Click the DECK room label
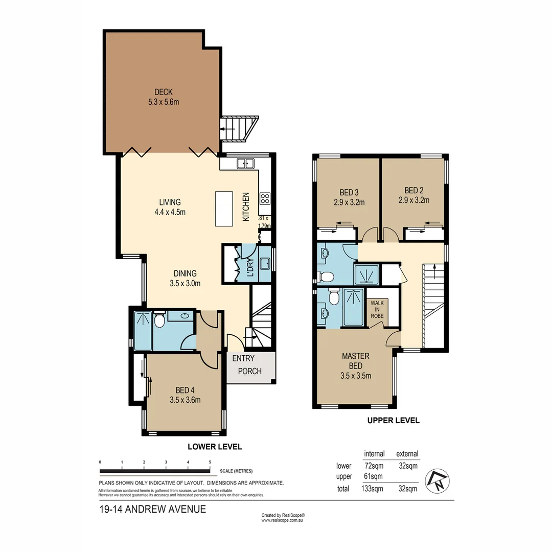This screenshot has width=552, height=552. coord(164,93)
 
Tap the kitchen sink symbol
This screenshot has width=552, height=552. coord(245,164)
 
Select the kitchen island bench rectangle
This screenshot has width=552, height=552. coord(223,208)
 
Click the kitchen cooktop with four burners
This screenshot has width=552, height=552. coord(265,198)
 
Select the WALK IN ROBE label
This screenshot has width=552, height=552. coord(378,309)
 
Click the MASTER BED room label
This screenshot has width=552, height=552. coord(355,361)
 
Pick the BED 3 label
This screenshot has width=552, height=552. coord(348,193)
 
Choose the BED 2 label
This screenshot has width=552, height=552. coord(413,193)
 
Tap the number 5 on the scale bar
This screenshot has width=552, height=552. coord(210,462)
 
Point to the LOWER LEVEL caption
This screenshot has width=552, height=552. coord(215,446)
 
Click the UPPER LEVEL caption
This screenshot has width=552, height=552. coord(393,420)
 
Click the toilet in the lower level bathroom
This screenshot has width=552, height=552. coord(159,320)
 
